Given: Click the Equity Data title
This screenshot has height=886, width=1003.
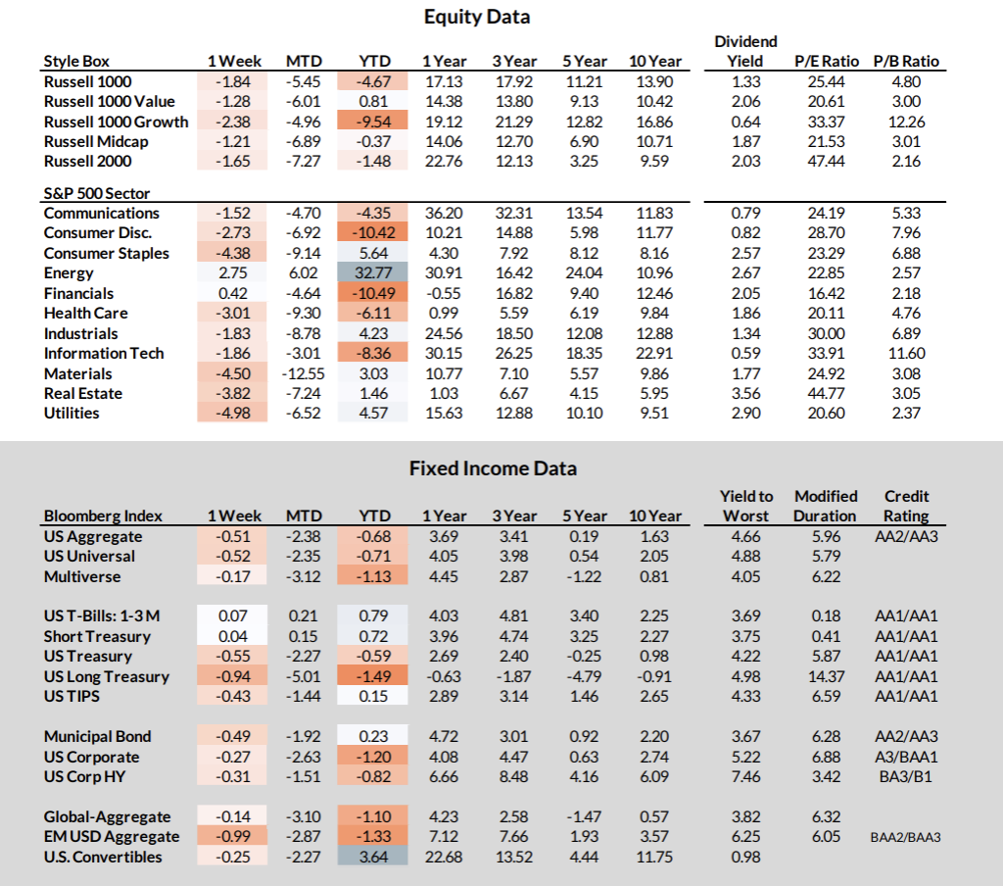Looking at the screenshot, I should (477, 17).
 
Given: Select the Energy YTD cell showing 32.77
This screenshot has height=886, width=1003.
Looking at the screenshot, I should (371, 273).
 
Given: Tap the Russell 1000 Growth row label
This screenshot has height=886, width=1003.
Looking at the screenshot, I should (116, 122).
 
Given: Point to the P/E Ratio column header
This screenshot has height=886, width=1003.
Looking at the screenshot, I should (827, 61).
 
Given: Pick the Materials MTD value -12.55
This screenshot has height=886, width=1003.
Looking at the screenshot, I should (303, 373).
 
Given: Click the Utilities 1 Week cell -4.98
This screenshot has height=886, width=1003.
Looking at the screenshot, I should (234, 414).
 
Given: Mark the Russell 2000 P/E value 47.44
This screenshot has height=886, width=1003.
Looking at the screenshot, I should (827, 162).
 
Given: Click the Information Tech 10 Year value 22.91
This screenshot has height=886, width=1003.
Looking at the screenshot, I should (653, 354).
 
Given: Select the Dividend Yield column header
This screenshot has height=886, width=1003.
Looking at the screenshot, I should (745, 51).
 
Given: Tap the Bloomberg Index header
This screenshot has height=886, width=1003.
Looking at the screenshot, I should (103, 516).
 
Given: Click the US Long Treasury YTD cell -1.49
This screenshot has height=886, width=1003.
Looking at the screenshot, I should (371, 676).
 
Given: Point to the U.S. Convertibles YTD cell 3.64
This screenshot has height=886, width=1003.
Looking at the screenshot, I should (371, 857).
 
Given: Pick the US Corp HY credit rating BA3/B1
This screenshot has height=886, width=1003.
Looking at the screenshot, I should (906, 776).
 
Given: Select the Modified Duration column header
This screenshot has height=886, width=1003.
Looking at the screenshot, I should (826, 506).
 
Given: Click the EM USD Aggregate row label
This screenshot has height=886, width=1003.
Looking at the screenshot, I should (112, 837).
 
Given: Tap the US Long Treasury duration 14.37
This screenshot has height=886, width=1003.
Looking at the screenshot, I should (826, 676).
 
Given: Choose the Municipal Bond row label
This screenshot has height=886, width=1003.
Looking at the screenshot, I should (97, 737).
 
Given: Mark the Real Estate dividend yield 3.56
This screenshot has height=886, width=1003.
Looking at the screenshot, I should (745, 394).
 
